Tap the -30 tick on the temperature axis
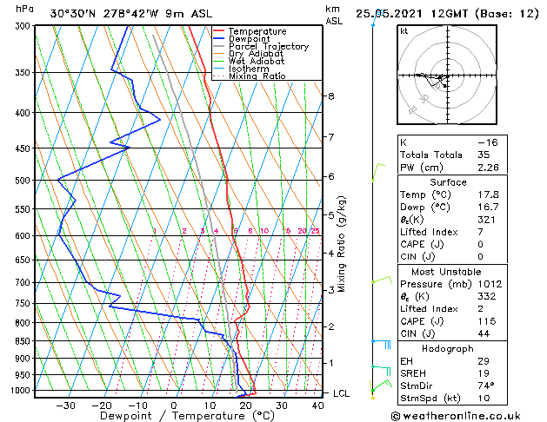pos(65,405)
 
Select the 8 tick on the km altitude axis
pos(330,96)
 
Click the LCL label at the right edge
pos(342,393)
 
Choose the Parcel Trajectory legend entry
pos(268,46)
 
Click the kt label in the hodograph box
pos(404,30)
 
